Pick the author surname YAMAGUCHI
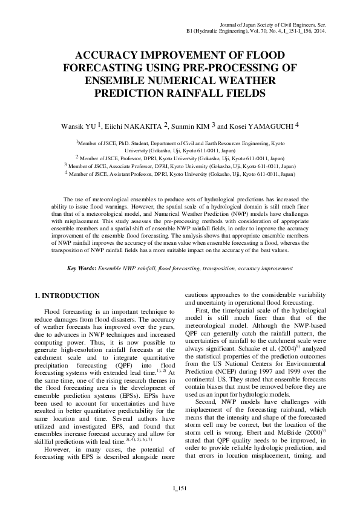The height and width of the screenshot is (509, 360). pos(267,126)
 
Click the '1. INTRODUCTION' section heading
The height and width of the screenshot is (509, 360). pos(66,296)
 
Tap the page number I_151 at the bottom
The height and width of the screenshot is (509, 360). pos(180,488)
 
